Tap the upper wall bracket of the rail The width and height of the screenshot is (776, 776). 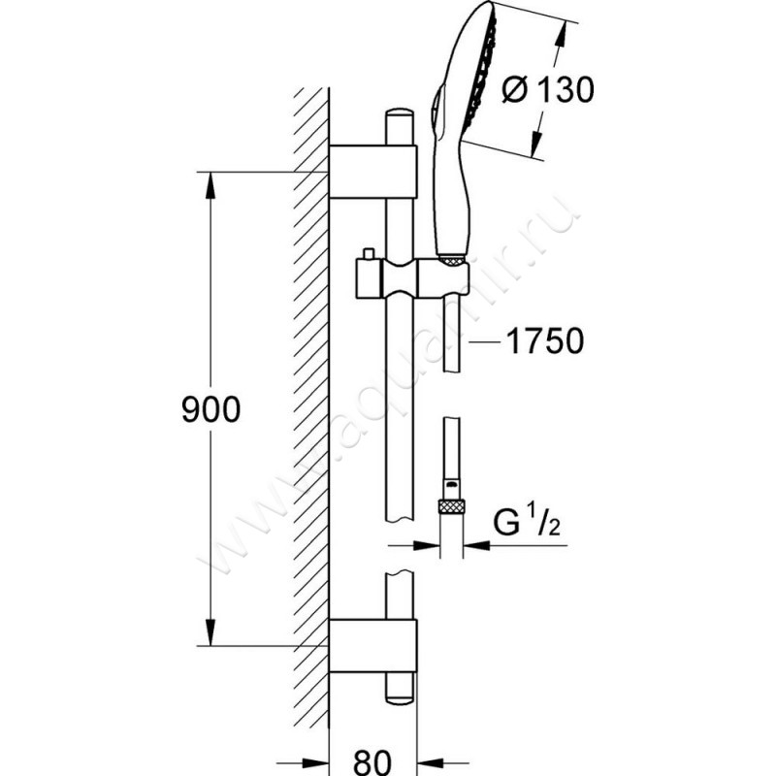tap(374, 172)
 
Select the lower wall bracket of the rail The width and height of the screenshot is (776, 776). tap(374, 644)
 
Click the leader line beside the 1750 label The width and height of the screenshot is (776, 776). tap(485, 341)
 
